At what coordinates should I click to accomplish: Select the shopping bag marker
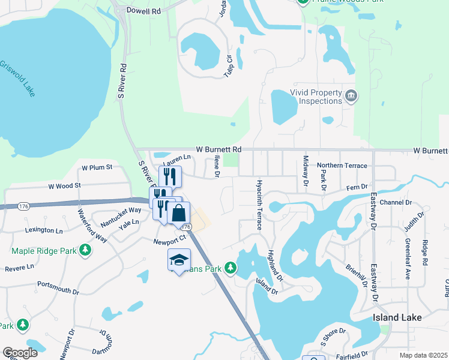[x=179, y=212]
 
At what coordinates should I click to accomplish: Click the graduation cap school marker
[x=179, y=259]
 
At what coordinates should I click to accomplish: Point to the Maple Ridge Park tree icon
[x=85, y=249]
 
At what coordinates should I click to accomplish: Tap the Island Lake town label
[x=397, y=317]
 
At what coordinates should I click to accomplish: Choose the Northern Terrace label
[x=342, y=165]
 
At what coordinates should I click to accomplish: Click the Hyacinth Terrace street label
[x=259, y=204]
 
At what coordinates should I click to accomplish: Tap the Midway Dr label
[x=306, y=170]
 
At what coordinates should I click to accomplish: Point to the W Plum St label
[x=97, y=167]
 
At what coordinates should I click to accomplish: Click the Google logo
[x=20, y=353]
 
